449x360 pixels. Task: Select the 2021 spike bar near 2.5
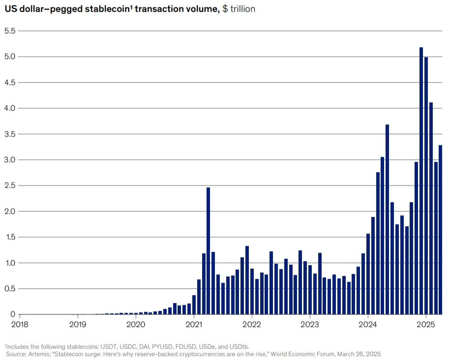[209, 251]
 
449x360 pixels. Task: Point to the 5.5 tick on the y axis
[10, 31]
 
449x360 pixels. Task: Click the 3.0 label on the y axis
[10, 160]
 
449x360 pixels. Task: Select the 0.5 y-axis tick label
[10, 289]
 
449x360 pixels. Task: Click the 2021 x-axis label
[194, 324]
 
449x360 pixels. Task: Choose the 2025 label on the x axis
[426, 324]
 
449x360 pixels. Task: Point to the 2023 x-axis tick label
[310, 324]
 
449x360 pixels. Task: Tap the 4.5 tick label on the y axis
[10, 83]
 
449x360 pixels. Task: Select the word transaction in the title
[156, 9]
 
